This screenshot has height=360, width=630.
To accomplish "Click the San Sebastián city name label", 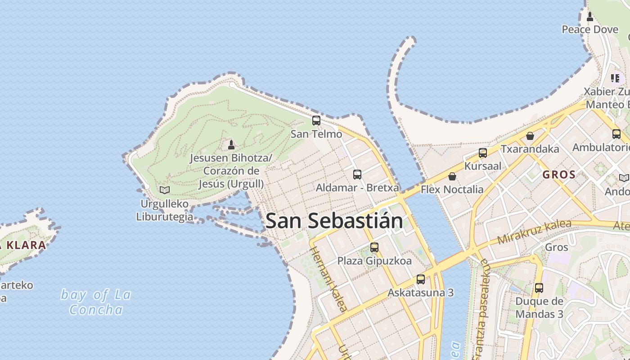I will [x=334, y=221].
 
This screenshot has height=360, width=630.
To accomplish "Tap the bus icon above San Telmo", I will [x=316, y=121].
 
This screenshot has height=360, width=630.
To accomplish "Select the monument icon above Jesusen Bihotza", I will [x=231, y=144].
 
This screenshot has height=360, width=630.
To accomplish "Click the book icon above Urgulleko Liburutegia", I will [x=165, y=190].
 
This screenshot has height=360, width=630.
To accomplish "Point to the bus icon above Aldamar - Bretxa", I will [x=357, y=174].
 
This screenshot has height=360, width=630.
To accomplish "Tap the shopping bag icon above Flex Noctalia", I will [x=452, y=176].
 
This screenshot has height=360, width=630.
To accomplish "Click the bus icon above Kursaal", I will [x=483, y=153].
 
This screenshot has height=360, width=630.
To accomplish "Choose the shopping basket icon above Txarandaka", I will [x=530, y=135].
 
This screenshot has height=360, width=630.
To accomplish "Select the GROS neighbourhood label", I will [x=559, y=175].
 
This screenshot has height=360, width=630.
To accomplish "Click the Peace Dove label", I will [x=590, y=30].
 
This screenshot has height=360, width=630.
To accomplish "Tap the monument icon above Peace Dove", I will [x=590, y=17].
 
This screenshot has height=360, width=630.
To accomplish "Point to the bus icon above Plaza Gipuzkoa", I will [x=374, y=247].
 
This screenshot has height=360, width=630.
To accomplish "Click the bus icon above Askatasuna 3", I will [x=421, y=279].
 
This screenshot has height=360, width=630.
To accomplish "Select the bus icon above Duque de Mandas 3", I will [x=539, y=288].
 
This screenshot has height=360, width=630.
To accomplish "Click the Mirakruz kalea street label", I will [x=534, y=232].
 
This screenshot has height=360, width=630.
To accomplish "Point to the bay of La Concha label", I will [x=96, y=302].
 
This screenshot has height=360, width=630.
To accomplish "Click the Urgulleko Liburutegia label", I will [x=165, y=210].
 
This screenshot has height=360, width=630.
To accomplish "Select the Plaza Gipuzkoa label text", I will [x=374, y=261].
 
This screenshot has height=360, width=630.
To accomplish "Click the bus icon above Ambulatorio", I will [x=616, y=134].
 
